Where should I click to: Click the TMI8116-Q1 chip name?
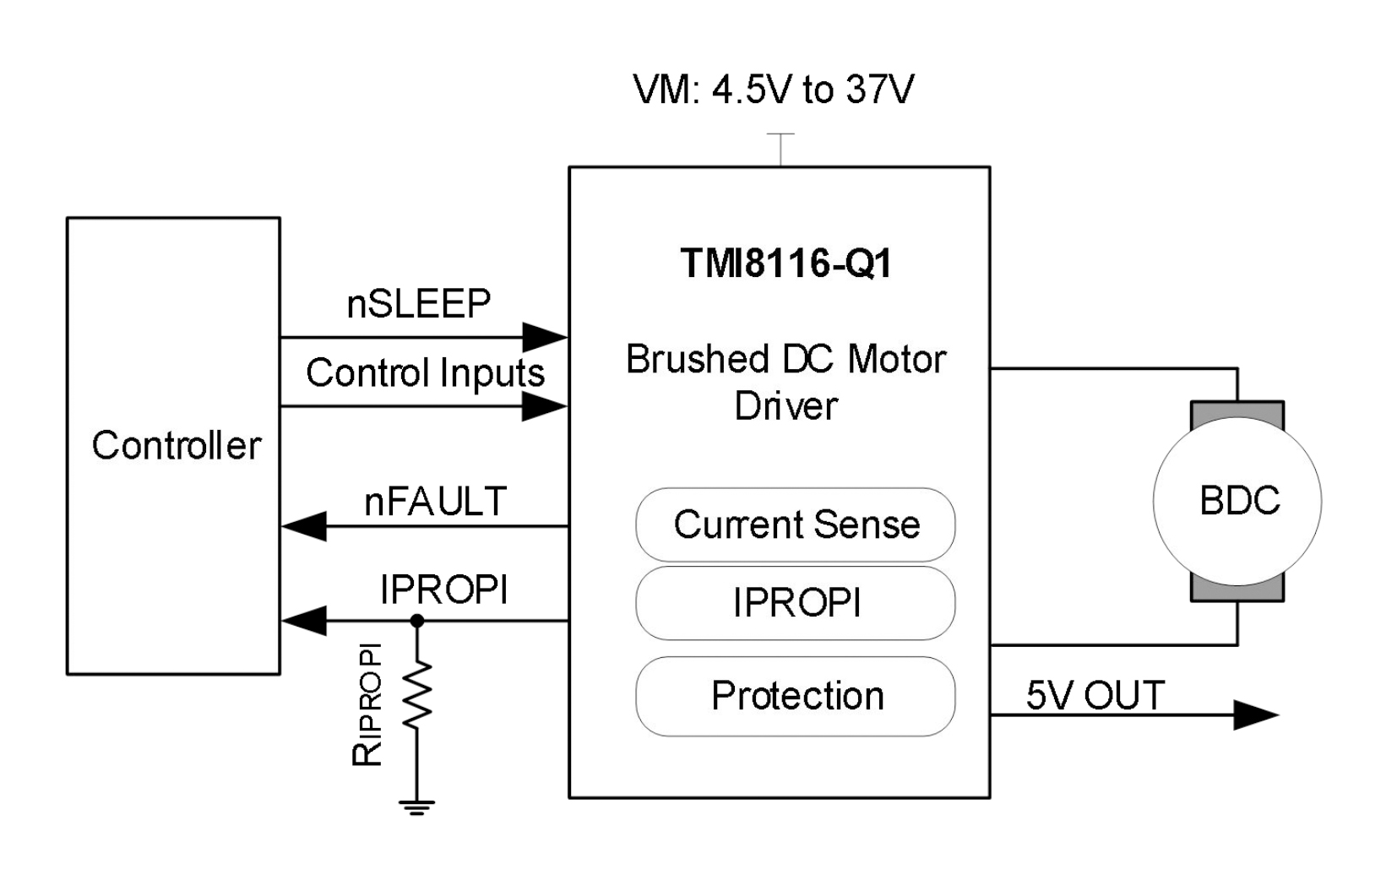(x=785, y=264)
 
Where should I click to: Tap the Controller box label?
(x=177, y=445)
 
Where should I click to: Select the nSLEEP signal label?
(x=418, y=304)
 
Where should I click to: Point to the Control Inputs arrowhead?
(x=544, y=407)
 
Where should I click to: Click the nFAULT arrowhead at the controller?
(x=304, y=526)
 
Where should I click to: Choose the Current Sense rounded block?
(x=796, y=524)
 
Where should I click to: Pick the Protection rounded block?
(x=796, y=696)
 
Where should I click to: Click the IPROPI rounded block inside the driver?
(x=796, y=603)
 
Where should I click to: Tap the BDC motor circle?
(x=1237, y=501)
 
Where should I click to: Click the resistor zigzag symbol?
(x=417, y=695)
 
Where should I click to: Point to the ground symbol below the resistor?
(x=417, y=806)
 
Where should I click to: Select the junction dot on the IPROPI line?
(x=417, y=621)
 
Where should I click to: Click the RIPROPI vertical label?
(x=367, y=705)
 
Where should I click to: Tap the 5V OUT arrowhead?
(x=1255, y=715)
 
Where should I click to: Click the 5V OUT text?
(x=1095, y=695)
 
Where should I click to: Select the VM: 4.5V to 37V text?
(x=773, y=90)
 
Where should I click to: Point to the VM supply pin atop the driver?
(x=780, y=149)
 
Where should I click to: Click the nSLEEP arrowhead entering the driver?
(x=544, y=337)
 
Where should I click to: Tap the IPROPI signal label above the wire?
(x=443, y=590)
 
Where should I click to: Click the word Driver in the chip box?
(x=785, y=406)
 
